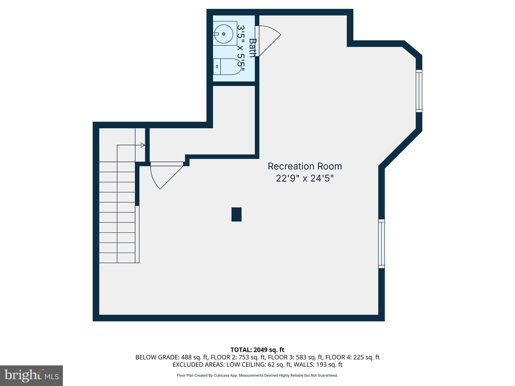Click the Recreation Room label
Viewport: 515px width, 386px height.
point(305,166)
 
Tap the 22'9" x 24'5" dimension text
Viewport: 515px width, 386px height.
point(305,179)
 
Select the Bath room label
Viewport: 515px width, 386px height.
point(252,48)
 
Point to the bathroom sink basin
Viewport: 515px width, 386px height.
point(224,34)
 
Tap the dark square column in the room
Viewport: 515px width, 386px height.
point(236,214)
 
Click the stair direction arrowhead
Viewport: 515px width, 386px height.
point(143,145)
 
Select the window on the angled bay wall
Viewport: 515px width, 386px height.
point(419,91)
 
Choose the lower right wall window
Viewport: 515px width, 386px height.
point(382,243)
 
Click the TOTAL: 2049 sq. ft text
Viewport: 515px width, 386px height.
point(257,350)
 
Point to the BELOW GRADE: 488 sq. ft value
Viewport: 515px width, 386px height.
point(172,357)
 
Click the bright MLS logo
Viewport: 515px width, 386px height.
point(31,375)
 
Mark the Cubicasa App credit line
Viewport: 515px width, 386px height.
point(257,375)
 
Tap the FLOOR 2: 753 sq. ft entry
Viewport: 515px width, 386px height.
point(238,357)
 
